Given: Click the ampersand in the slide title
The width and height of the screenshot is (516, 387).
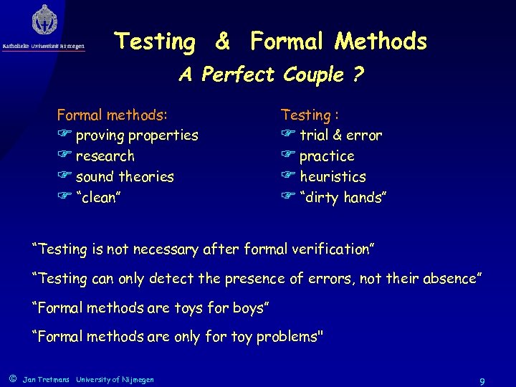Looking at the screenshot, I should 223,42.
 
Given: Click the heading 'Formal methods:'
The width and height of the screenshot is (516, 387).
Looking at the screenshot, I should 113,115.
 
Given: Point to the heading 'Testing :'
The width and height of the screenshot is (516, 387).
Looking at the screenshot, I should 310,115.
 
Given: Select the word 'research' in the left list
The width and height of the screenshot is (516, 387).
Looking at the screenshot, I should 105,156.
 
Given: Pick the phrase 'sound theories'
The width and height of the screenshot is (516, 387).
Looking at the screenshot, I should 125,176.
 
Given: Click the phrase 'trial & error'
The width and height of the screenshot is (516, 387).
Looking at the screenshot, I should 340,135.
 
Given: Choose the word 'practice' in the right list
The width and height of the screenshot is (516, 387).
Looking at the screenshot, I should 327,156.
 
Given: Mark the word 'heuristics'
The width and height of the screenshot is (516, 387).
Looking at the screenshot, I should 333,176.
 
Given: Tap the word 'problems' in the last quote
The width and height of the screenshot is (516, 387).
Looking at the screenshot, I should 291,336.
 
